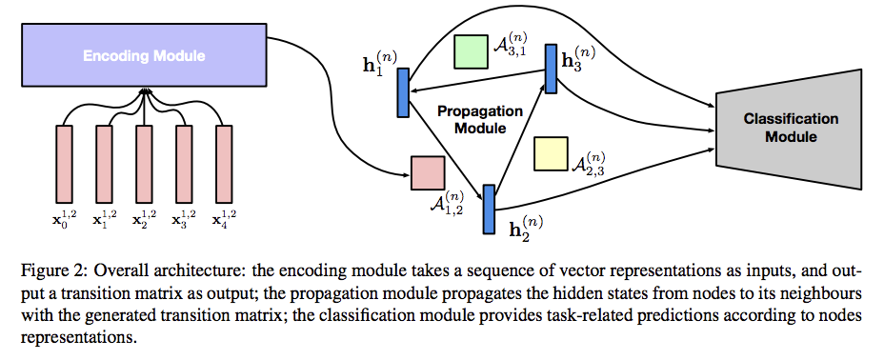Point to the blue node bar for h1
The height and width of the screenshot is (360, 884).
403,93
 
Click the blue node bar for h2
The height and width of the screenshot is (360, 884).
490,209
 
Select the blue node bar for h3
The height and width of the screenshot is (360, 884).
551,68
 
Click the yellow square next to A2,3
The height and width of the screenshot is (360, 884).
551,154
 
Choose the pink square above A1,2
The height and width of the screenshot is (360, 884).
428,172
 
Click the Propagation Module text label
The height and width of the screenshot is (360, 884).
480,119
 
